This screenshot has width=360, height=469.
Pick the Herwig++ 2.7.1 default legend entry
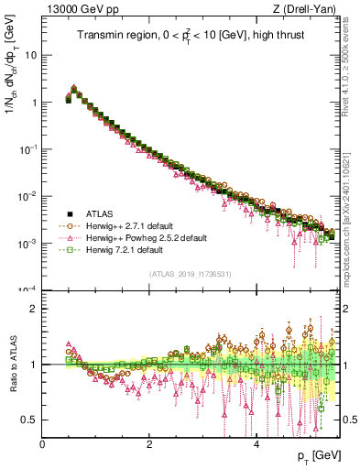click(130, 224)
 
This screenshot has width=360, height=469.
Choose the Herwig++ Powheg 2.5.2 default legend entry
click(145, 236)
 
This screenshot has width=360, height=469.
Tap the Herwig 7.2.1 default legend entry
click(125, 249)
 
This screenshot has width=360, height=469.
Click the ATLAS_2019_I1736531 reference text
click(190, 273)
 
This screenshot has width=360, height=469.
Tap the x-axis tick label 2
click(149, 443)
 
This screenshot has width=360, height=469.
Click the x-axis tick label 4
click(256, 443)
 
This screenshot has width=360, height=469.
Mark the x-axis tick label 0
click(43, 443)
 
